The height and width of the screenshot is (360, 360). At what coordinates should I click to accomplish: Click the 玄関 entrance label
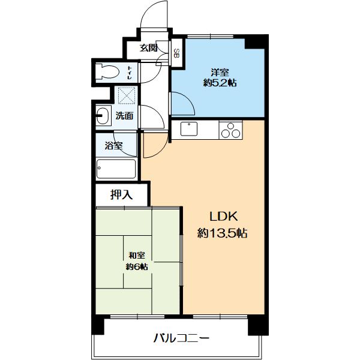point(149,48)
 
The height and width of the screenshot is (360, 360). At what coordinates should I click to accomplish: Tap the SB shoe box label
point(177,53)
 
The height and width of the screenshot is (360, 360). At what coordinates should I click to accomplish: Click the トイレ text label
point(130,73)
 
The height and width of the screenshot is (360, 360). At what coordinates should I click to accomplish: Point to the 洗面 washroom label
point(124,116)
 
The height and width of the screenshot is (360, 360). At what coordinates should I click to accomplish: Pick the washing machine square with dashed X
point(126,96)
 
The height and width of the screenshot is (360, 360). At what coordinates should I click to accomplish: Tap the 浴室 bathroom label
point(113,145)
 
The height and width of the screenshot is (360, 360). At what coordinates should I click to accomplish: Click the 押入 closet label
point(121,194)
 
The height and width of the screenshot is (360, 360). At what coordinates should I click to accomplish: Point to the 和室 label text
point(136,255)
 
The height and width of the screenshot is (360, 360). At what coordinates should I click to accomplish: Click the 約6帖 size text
point(136,266)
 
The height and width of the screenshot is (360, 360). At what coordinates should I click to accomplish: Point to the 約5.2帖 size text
point(220,83)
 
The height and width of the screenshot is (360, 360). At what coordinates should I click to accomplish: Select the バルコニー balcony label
point(181,338)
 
